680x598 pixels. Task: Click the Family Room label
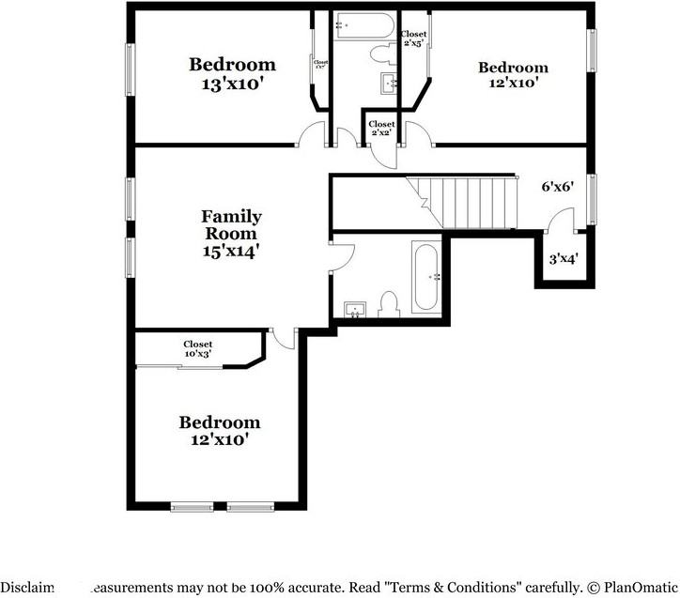coord(232,225)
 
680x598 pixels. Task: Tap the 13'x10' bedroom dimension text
coord(232,84)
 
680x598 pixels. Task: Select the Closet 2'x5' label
coord(414,38)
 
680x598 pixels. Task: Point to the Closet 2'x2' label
coord(381,129)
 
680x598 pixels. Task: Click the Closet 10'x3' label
coord(197,349)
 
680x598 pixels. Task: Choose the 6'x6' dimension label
coord(557,187)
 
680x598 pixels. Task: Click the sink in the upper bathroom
coord(391,84)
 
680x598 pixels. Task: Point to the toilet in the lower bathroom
coord(389,303)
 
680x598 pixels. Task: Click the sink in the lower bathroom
coord(355,309)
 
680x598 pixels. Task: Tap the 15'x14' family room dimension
coord(231,252)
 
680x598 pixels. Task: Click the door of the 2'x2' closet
coord(380,155)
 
